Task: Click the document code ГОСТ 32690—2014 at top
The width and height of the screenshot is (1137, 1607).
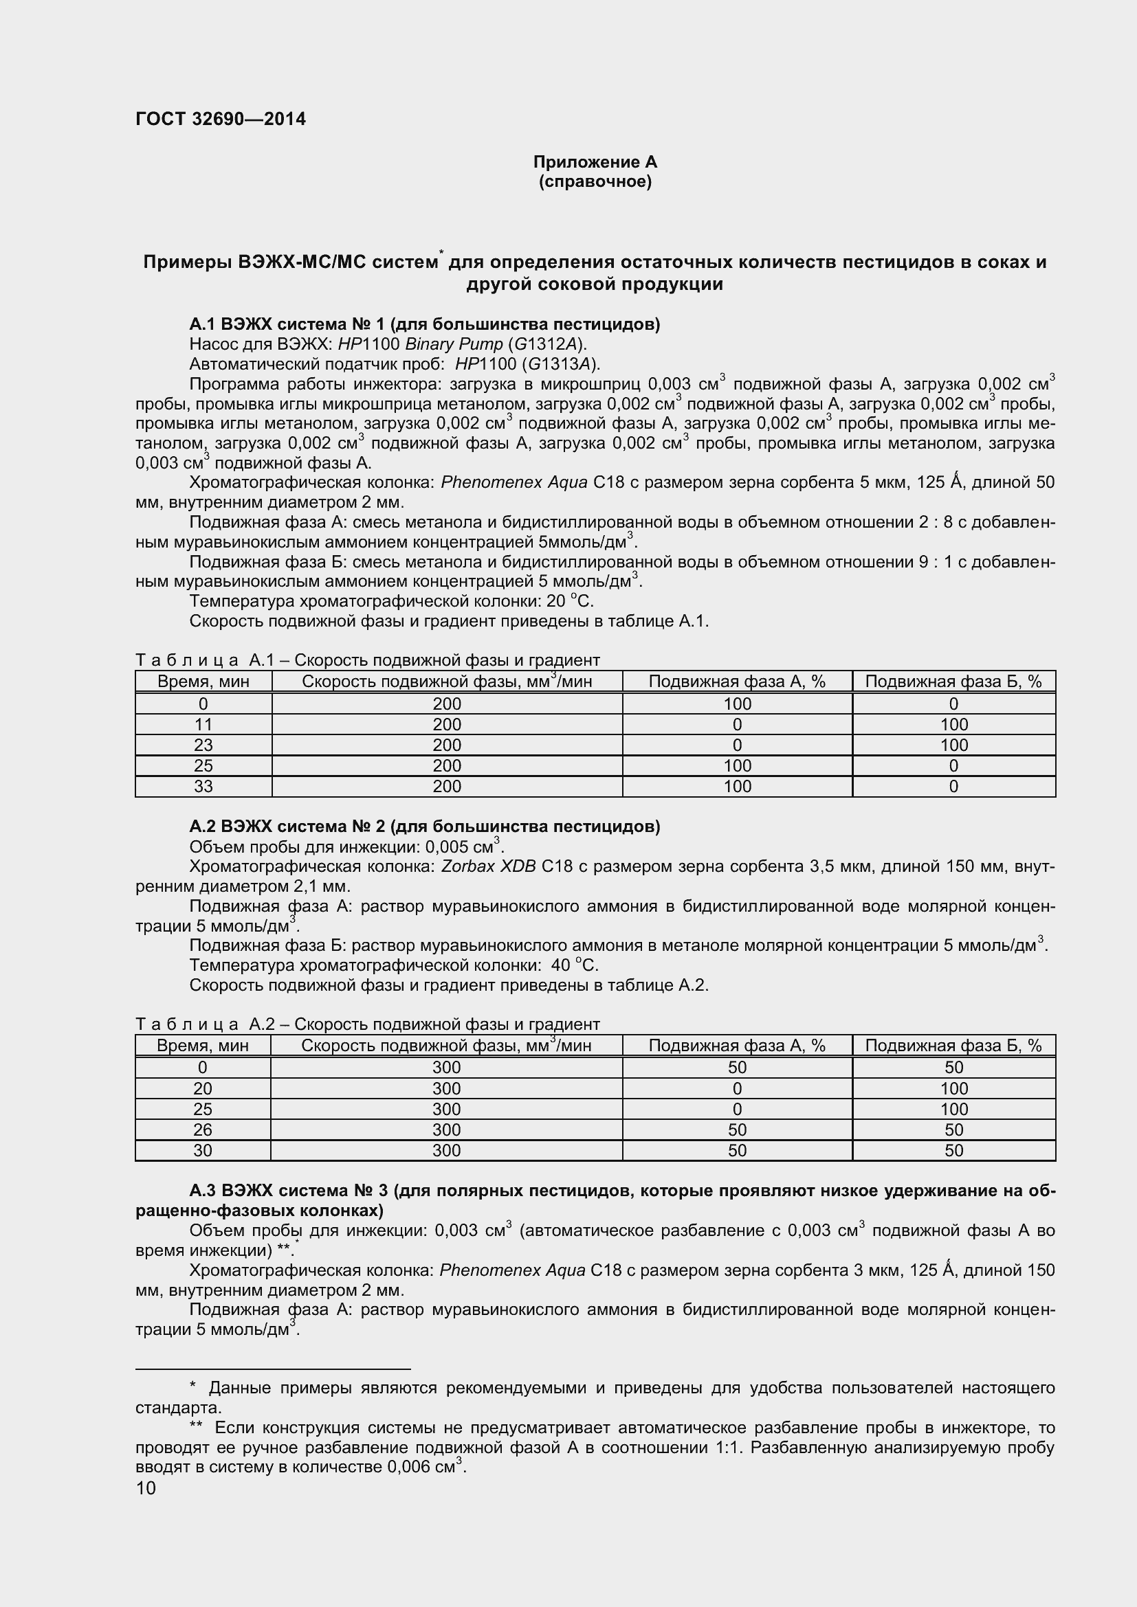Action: point(221,119)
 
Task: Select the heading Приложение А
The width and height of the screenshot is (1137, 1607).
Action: point(595,161)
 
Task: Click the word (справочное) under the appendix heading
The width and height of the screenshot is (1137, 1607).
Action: point(595,182)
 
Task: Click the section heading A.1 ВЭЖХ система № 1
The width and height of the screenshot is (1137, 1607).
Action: point(424,324)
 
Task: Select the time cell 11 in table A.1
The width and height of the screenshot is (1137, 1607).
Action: point(203,724)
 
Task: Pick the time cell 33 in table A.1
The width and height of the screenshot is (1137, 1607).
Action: point(203,786)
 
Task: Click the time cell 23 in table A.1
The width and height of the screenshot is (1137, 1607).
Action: point(203,745)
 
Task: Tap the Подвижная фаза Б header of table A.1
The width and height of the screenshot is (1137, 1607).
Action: point(953,682)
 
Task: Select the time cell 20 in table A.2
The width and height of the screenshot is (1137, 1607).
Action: point(202,1088)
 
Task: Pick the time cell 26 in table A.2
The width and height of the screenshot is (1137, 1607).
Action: point(202,1130)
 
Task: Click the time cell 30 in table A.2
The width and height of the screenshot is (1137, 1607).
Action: point(202,1150)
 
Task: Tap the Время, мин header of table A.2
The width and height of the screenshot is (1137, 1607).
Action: point(202,1046)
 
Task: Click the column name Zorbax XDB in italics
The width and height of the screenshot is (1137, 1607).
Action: point(488,867)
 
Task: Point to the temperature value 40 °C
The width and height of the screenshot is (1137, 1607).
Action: point(574,966)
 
